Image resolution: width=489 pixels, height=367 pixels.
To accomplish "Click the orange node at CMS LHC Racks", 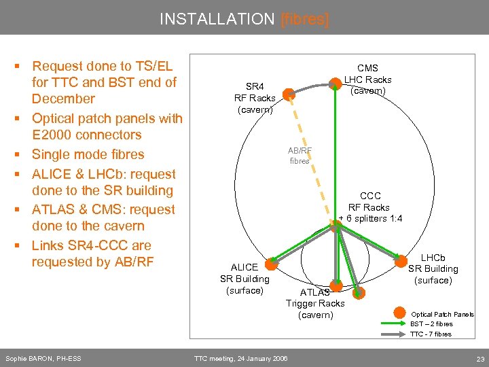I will coord(335,84).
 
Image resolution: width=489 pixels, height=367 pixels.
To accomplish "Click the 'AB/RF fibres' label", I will coord(300,156).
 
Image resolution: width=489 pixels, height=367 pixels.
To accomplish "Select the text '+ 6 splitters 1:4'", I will coord(370,218).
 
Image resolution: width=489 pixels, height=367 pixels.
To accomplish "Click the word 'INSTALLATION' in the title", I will coord(217,19).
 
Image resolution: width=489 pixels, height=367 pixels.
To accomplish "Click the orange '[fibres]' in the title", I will coord(304,19).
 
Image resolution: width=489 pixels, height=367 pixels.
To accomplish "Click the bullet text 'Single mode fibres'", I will coord(88,154).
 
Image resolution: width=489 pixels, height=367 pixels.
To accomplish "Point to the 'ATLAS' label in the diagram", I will coord(315,292).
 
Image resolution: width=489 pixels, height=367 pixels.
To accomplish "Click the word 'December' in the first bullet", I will coord(63,99).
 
